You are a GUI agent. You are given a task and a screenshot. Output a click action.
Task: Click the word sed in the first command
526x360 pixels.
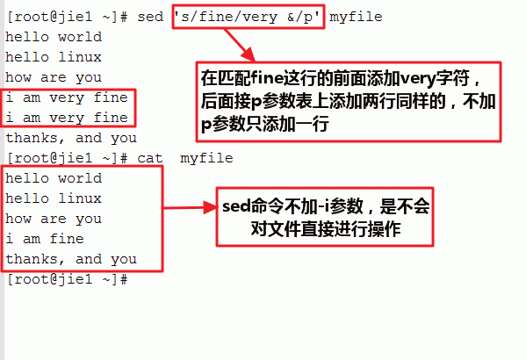[150, 17]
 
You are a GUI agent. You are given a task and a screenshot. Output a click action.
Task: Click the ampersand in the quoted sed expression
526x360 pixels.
[291, 18]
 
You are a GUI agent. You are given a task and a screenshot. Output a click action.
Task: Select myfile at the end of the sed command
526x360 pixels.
[356, 18]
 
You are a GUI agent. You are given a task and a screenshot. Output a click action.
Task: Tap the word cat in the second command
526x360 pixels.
[150, 158]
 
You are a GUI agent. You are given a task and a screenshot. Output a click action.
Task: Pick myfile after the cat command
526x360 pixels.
[206, 159]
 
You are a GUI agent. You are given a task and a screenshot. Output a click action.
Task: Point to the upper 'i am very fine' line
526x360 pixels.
[67, 98]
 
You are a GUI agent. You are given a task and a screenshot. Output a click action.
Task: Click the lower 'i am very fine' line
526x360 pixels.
[67, 119]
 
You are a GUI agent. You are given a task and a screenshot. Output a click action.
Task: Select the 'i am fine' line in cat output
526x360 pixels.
[45, 239]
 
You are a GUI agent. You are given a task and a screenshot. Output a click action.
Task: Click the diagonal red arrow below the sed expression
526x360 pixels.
[240, 46]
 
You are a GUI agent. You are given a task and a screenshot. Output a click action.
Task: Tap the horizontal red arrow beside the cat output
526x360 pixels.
[191, 208]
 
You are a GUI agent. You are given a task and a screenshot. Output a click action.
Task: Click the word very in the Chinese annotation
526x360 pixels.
[418, 79]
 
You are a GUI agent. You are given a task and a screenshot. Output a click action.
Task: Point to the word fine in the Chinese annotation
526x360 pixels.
[267, 78]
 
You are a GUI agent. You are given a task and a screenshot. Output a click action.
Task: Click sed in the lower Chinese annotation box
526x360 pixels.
[237, 205]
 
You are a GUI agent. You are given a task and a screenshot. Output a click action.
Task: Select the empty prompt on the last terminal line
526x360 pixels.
[67, 279]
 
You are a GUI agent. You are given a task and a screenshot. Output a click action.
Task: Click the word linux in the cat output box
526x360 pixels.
[80, 198]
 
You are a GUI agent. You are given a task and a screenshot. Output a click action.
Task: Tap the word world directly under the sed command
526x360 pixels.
[80, 37]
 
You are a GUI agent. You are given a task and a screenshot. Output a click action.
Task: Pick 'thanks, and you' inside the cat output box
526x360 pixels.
[71, 260]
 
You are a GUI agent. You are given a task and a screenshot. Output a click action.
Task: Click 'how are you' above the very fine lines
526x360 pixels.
[54, 78]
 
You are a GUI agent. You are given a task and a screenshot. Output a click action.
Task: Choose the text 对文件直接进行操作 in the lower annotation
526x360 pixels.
[326, 229]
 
